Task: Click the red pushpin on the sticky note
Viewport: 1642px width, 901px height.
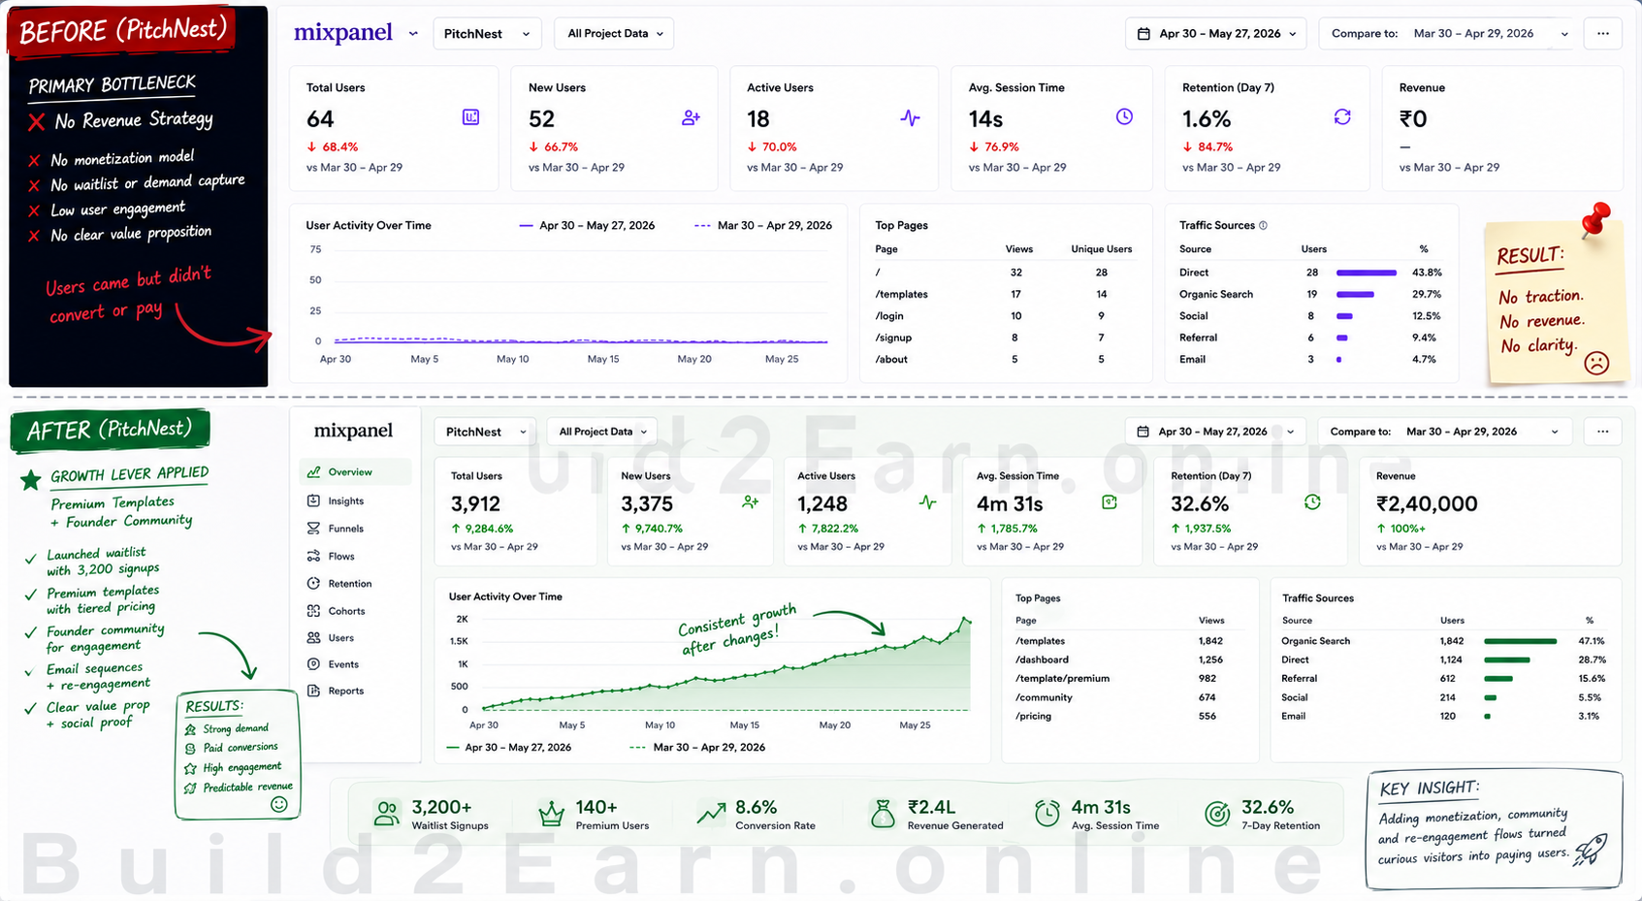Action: (1595, 219)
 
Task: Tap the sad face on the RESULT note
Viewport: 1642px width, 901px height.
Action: (1595, 363)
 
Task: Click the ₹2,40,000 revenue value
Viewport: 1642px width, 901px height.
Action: (1427, 503)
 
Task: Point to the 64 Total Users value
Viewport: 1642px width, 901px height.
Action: (320, 118)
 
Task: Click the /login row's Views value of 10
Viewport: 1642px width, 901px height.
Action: (1016, 316)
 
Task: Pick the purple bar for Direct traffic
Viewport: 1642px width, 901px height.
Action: (1367, 273)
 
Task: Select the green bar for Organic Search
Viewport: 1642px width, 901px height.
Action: (1520, 641)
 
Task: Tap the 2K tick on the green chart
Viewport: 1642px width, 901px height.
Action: (462, 619)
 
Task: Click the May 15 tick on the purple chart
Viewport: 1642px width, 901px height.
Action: (602, 359)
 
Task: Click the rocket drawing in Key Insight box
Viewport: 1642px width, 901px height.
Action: (1590, 849)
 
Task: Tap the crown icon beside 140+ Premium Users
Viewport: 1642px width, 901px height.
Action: (551, 813)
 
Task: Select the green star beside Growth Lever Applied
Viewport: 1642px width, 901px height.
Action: (31, 480)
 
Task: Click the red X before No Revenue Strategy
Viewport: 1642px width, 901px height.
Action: (36, 122)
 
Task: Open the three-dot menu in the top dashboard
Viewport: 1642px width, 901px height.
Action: (1602, 34)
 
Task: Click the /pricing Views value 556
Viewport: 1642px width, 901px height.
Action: (1207, 717)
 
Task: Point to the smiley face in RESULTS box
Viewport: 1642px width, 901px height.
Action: (278, 804)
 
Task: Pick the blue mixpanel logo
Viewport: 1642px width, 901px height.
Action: (343, 32)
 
